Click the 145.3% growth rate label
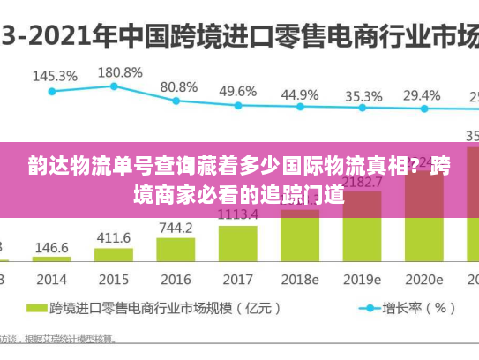(x=55, y=76)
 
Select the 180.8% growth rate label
(x=119, y=71)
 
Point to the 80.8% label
(x=179, y=86)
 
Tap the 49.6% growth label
(x=238, y=91)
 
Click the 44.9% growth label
(x=300, y=94)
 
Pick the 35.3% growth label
(x=363, y=95)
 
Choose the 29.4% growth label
(x=422, y=94)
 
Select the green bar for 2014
(x=52, y=259)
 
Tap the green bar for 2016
(x=176, y=250)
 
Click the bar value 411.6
(x=114, y=237)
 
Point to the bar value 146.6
(x=52, y=248)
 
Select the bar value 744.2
(x=176, y=228)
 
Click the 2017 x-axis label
(x=237, y=279)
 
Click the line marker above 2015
(x=115, y=86)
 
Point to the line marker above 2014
(x=52, y=90)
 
